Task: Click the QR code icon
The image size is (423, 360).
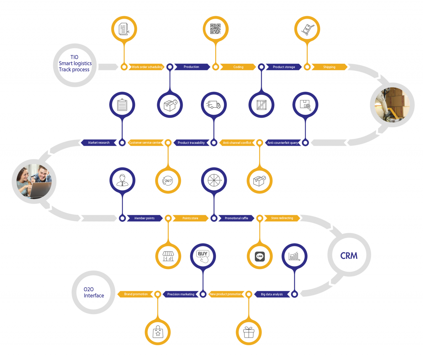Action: [215, 29]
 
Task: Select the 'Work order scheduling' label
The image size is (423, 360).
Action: [147, 67]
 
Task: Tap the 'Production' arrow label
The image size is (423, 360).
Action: [191, 67]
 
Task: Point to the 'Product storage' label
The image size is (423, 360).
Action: [284, 67]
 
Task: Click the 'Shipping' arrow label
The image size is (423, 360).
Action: [329, 67]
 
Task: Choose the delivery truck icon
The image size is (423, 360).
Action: [214, 105]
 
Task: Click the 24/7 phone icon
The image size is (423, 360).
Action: [168, 180]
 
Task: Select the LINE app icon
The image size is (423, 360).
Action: [260, 256]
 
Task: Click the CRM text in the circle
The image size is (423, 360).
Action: [349, 256]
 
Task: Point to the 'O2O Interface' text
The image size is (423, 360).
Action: [94, 292]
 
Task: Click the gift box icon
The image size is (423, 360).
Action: [249, 332]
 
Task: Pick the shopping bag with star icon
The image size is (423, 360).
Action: [158, 332]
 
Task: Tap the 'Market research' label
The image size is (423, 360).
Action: [99, 143]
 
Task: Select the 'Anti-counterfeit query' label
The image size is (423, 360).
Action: [283, 143]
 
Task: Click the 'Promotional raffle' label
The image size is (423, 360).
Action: [236, 218]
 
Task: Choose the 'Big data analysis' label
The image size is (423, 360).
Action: [272, 294]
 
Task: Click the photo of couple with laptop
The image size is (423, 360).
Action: [34, 181]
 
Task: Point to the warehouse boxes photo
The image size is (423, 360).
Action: [392, 105]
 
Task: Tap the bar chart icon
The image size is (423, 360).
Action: [294, 256]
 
